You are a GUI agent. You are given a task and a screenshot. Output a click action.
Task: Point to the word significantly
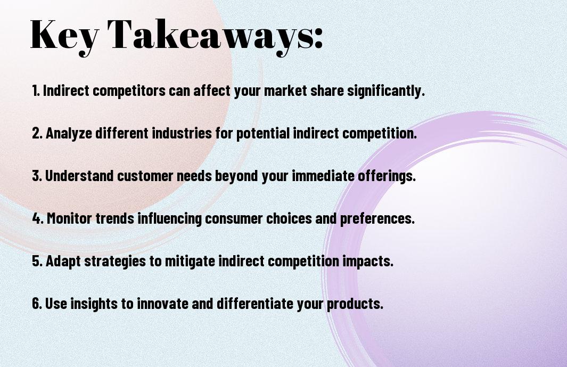386,91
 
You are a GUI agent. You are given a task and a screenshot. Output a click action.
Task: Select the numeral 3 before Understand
36,176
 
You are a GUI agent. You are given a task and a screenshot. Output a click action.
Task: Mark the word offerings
387,176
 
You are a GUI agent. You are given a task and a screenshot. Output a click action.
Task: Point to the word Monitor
69,218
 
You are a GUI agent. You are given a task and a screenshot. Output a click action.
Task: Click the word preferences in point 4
377,218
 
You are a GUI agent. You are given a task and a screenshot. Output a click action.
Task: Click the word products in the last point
355,304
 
